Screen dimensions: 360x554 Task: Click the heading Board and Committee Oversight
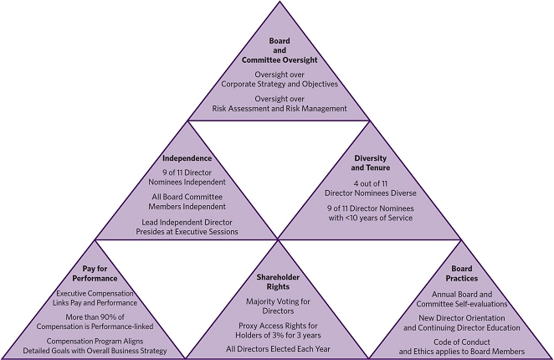pos(279,50)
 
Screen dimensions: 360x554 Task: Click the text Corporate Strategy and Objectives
pos(279,84)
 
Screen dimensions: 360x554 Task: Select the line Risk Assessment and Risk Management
pos(279,108)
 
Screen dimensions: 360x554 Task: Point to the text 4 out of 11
pos(370,183)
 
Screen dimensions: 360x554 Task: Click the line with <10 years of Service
pos(370,219)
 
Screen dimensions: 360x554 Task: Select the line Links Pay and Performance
pos(94,302)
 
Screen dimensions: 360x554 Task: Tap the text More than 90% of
pos(94,317)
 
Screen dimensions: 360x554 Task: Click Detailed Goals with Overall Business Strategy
pos(94,352)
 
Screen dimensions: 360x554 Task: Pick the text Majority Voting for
pos(277,300)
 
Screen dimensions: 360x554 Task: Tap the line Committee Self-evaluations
pos(462,305)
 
